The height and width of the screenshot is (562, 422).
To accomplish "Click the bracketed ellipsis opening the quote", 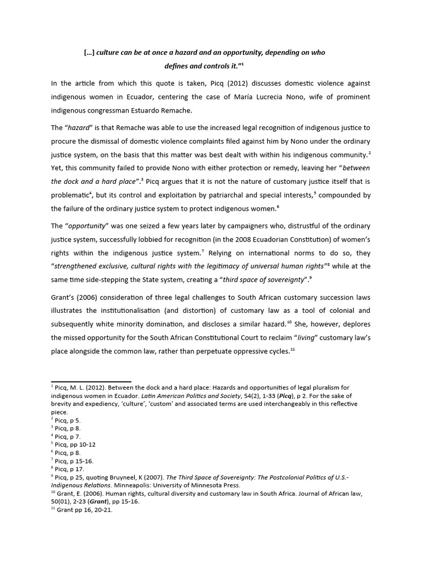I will tap(88, 53).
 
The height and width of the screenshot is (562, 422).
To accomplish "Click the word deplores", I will tap(354, 324).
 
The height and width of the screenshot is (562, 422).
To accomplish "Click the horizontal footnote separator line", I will tap(91, 381).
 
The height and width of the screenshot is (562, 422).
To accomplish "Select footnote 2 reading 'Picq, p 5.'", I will tap(68, 420).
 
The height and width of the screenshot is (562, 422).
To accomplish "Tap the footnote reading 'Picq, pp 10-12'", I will tap(75, 445).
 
